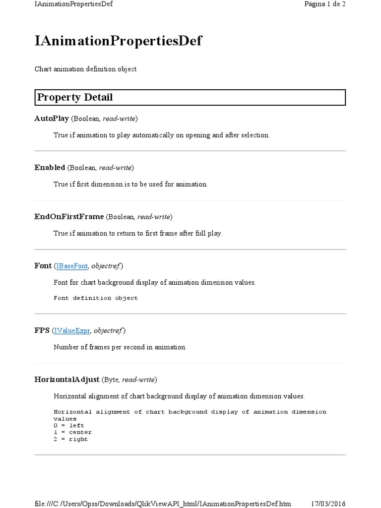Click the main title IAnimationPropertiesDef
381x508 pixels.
pos(118,41)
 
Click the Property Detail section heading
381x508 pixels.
pos(74,97)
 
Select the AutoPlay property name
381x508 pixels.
pos(52,119)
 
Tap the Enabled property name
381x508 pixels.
pos(50,168)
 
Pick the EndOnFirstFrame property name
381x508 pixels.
pos(69,217)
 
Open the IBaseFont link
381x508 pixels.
pos(72,266)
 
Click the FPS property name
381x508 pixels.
pos(42,330)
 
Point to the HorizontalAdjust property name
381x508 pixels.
pos(67,380)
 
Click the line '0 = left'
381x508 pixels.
pos(69,425)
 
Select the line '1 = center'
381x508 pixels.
pos(72,432)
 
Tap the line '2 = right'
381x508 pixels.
pos(70,439)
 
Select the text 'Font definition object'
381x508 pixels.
pos(95,298)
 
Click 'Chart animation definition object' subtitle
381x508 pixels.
pos(85,69)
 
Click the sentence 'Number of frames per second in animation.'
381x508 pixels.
pos(120,347)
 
